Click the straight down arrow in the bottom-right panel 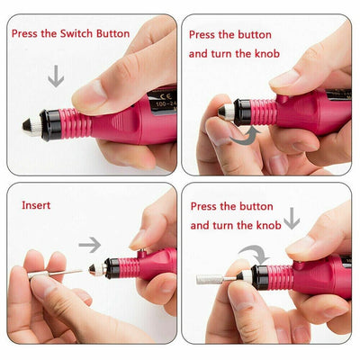(x=292, y=219)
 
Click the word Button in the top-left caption (x=118, y=34)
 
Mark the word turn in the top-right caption (x=232, y=54)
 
